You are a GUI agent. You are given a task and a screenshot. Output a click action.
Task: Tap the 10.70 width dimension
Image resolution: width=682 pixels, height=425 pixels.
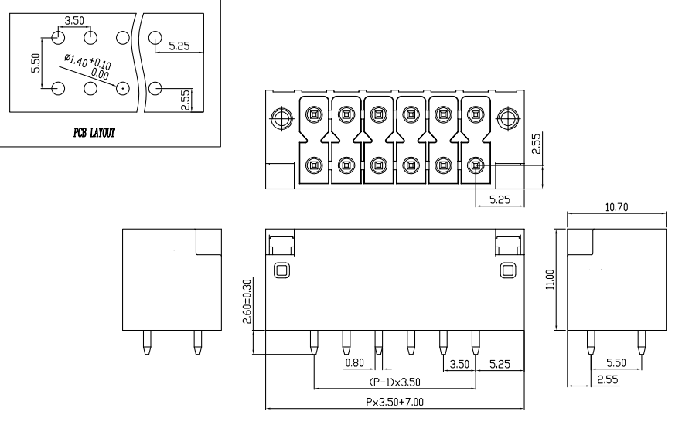tap(616, 208)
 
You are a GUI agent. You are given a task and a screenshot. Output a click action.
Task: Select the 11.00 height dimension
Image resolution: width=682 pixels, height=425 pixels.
tap(551, 279)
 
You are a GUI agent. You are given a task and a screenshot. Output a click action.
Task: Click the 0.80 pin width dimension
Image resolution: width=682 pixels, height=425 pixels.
tap(355, 362)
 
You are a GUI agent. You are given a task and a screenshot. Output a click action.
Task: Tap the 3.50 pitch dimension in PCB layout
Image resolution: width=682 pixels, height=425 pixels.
tap(74, 20)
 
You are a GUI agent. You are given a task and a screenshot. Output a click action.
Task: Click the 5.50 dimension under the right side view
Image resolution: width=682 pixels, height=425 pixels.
tap(616, 362)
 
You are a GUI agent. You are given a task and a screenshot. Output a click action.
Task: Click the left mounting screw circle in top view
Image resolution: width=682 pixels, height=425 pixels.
tap(281, 118)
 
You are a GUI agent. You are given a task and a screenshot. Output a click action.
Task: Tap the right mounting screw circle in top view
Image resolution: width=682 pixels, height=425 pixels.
tap(508, 118)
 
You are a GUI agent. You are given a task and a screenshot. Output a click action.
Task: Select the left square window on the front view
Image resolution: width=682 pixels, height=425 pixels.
tap(281, 270)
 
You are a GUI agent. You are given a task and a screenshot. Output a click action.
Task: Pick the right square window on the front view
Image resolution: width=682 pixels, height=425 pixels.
tap(508, 270)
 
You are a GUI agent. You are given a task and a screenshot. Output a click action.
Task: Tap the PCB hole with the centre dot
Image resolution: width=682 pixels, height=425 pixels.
tap(122, 88)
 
